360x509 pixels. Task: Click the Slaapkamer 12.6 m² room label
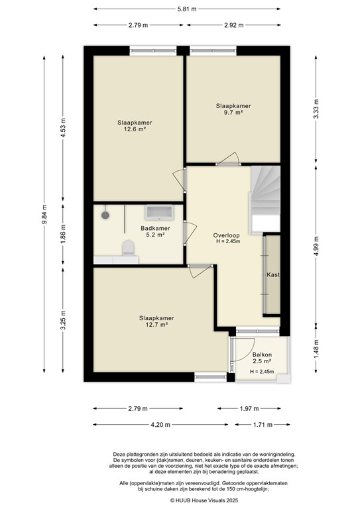pyautogui.click(x=135, y=126)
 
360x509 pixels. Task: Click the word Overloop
pyautogui.click(x=226, y=235)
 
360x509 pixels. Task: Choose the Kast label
pyautogui.click(x=272, y=274)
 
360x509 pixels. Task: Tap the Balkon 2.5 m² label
pyautogui.click(x=262, y=358)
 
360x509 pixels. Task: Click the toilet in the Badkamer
pyautogui.click(x=129, y=247)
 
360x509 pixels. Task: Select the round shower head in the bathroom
pyautogui.click(x=105, y=215)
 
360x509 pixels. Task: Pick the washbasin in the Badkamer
pyautogui.click(x=159, y=213)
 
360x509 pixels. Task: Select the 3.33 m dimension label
pyautogui.click(x=317, y=112)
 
